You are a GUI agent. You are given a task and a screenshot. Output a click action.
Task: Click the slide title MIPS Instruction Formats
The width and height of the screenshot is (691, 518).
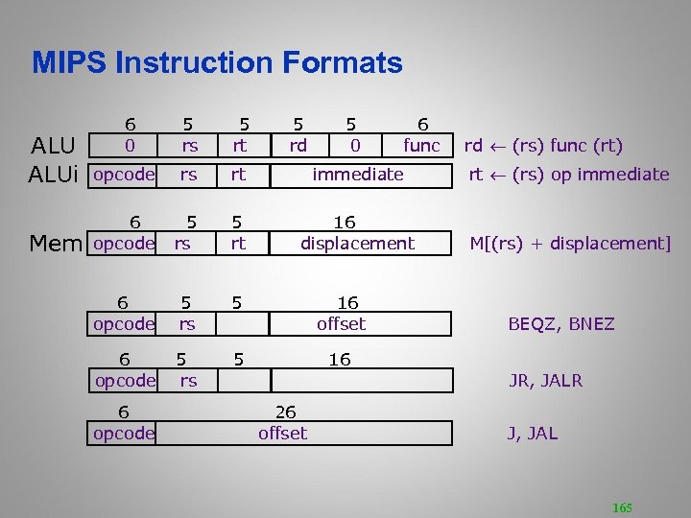coord(217,63)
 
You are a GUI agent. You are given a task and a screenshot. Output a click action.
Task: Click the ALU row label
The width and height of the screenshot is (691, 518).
coord(54,146)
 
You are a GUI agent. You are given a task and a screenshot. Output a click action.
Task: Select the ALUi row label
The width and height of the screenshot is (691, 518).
coord(54,175)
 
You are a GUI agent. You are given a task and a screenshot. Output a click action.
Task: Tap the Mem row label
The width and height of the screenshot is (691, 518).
coord(56,244)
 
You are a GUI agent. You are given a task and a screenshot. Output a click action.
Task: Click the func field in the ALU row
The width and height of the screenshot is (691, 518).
coord(421,146)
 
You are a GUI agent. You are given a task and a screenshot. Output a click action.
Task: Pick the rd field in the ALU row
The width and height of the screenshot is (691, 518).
coord(298,146)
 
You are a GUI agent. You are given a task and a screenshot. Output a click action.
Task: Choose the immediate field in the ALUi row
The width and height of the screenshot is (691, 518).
coord(358,175)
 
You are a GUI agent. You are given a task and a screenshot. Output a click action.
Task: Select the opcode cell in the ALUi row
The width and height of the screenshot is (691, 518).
coord(124,175)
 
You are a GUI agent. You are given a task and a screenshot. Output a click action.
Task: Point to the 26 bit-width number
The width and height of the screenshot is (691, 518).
coord(285,412)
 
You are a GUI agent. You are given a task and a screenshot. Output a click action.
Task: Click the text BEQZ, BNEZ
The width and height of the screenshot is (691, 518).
coord(560,324)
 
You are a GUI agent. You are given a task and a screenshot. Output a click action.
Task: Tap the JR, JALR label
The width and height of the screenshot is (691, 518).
coord(545,381)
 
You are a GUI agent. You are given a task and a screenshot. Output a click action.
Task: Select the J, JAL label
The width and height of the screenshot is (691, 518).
coord(532,434)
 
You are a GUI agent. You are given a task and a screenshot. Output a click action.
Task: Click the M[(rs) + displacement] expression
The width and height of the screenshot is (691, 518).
coord(569,244)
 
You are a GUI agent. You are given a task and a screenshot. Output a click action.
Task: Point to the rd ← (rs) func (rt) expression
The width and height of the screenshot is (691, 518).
coord(543,146)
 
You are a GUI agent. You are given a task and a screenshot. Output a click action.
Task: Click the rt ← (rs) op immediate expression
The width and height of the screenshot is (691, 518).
coord(568,175)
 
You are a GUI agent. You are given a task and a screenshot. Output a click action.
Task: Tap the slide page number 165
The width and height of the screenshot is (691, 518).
coord(621,507)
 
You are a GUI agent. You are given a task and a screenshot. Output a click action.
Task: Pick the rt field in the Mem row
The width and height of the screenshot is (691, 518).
coord(238,244)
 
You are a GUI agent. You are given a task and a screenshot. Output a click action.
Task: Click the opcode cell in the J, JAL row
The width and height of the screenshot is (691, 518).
coord(124,434)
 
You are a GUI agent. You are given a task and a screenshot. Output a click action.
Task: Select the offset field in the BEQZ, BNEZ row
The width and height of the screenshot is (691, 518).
coord(341,324)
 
